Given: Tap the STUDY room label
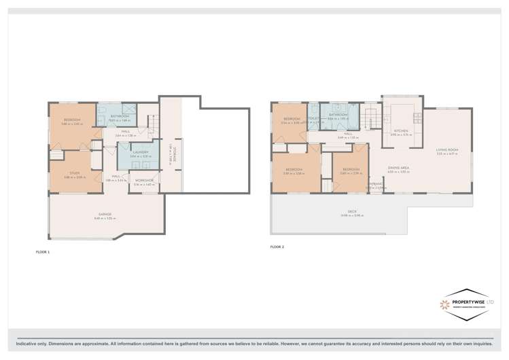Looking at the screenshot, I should (74, 174).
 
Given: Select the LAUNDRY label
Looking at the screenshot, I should (141, 152).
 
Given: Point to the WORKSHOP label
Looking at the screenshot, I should (144, 181).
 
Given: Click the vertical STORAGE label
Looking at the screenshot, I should (175, 154).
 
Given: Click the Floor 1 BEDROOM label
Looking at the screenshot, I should (72, 121).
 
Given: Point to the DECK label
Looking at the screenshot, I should (352, 213).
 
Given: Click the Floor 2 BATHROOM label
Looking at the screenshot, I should (338, 115).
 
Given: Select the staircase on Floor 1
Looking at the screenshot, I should (154, 126).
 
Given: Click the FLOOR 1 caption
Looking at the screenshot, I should (43, 252).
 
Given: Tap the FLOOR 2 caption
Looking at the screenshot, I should (277, 247).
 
